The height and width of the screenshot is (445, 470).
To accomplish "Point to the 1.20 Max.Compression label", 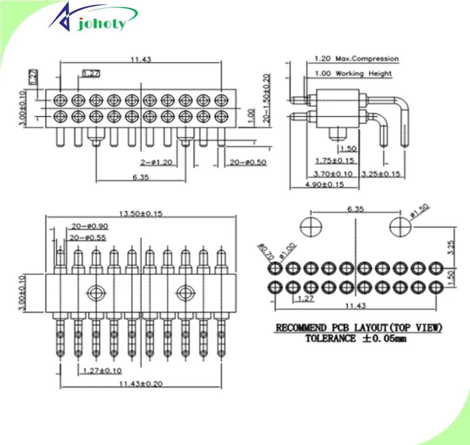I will (356, 59).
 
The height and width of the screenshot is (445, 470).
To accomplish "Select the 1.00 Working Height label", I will (353, 74).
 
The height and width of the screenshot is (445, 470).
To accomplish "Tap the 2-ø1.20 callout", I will (156, 162).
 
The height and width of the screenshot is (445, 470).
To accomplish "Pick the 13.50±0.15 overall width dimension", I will (141, 214).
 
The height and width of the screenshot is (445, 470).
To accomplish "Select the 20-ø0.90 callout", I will (89, 226).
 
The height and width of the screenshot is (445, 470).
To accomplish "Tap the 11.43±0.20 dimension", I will (140, 384).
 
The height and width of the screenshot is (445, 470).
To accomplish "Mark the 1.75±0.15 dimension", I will (334, 161).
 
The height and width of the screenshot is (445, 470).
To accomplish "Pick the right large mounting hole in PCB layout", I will (400, 227).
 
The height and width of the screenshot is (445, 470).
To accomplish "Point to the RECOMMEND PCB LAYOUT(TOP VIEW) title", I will (359, 328).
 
